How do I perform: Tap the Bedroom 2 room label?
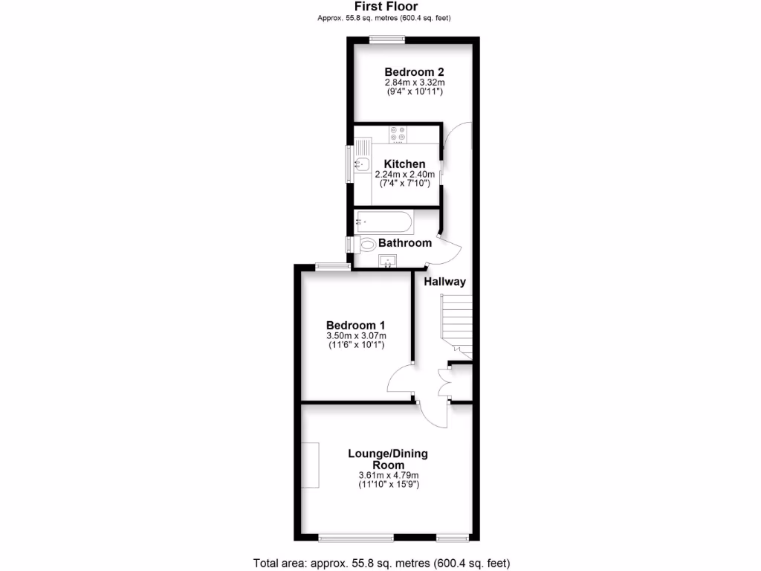pyautogui.click(x=414, y=72)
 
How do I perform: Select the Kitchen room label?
pyautogui.click(x=404, y=164)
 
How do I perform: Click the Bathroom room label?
pyautogui.click(x=405, y=243)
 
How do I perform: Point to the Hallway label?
pyautogui.click(x=444, y=282)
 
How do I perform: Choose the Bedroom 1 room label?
pyautogui.click(x=356, y=325)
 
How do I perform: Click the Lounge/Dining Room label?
pyautogui.click(x=388, y=459)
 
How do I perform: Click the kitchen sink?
pyautogui.click(x=362, y=164)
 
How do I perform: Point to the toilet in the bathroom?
pyautogui.click(x=366, y=244)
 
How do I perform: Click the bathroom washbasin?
pyautogui.click(x=388, y=260)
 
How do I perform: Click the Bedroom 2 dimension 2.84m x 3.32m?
pyautogui.click(x=414, y=83)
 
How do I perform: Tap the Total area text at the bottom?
pyautogui.click(x=381, y=563)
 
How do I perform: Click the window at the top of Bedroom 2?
pyautogui.click(x=383, y=39)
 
